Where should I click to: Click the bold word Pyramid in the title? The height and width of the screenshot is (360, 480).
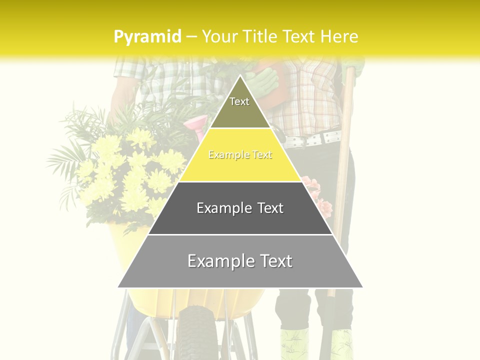coord(147,37)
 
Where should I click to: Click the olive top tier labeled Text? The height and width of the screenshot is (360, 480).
coord(240,107)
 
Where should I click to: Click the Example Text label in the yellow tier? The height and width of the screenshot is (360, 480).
coord(240,155)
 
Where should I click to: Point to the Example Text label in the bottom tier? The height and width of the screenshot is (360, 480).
coord(240,261)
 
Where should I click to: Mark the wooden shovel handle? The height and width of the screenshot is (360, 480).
coord(344,150)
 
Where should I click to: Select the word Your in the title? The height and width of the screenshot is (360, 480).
coord(219,36)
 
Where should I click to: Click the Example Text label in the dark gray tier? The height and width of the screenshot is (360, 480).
coord(240,208)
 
